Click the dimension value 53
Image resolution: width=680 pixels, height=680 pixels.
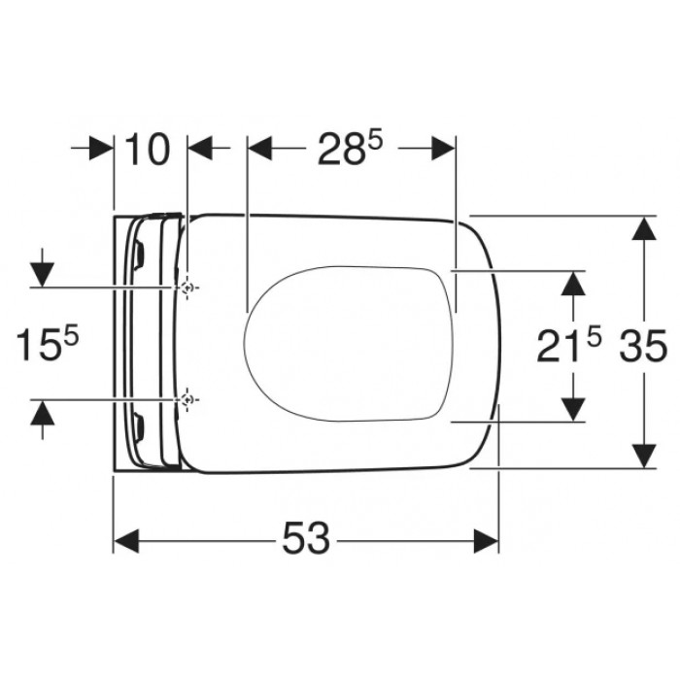coord(306,537)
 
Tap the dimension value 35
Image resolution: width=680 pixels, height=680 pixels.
coord(643,345)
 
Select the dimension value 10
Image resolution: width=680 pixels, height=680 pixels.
coord(149,150)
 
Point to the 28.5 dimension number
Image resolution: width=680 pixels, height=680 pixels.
coord(350,148)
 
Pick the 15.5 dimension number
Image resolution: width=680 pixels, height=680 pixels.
coord(48,344)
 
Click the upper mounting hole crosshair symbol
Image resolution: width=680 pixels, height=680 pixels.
coord(187,288)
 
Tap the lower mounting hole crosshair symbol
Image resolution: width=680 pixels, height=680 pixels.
coord(187,399)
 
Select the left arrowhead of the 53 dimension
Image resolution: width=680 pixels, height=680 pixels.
coord(126,541)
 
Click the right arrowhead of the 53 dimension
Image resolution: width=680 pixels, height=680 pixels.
coord(486,541)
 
